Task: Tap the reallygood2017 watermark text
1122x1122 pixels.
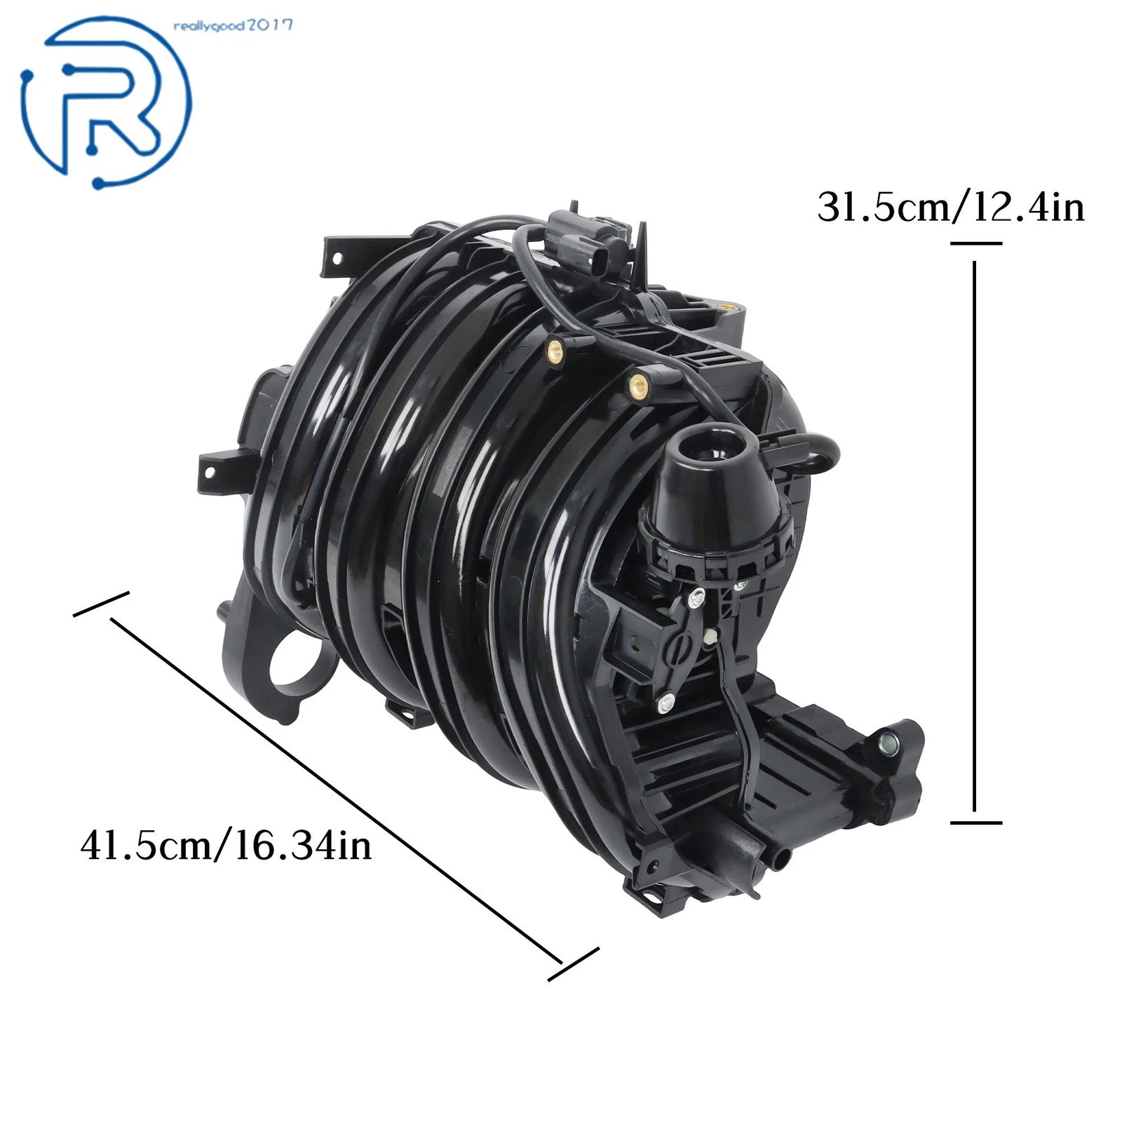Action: pos(232,27)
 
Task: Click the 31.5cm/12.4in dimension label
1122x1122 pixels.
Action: pos(951,208)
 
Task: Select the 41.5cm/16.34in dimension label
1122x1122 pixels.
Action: pos(226,846)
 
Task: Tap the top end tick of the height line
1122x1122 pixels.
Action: pos(975,243)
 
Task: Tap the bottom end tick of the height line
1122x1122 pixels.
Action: pos(975,822)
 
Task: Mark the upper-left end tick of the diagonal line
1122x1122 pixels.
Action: pos(102,604)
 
